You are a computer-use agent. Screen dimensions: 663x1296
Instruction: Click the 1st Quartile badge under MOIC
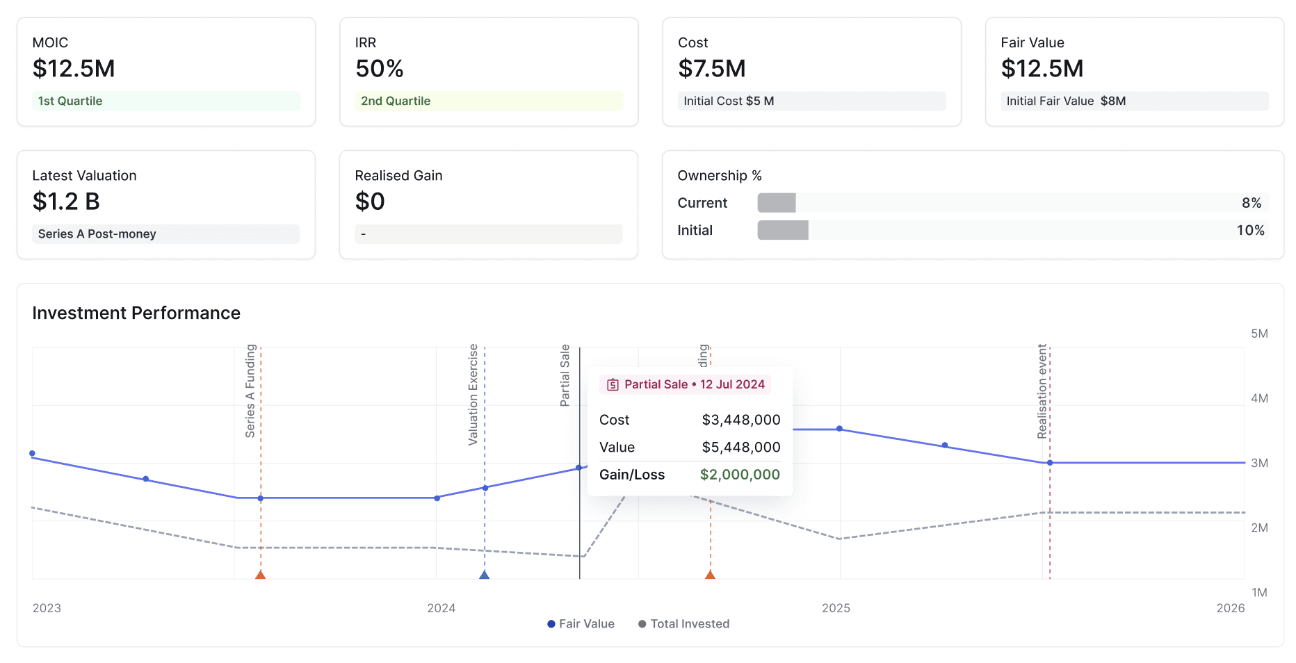(70, 101)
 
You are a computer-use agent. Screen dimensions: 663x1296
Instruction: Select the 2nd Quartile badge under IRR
(396, 101)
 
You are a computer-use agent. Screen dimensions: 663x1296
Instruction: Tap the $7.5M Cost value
(711, 69)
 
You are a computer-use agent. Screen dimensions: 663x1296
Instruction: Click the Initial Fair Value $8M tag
(1066, 101)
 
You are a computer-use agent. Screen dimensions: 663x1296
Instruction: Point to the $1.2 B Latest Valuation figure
(66, 202)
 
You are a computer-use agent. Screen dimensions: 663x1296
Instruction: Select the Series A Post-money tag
(97, 234)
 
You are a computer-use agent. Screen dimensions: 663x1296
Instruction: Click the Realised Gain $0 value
(370, 202)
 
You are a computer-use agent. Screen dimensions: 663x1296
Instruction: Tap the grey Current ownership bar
(776, 203)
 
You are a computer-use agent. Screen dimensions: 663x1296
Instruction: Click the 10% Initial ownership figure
(1250, 230)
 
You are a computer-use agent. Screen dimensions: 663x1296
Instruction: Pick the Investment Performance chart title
(136, 313)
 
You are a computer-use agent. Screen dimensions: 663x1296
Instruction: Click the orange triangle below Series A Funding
(261, 575)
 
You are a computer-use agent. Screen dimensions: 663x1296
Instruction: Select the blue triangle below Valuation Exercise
(485, 575)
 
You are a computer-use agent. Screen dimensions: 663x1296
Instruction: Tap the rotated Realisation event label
(1042, 391)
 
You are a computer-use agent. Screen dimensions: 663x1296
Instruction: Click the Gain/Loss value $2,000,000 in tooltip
(740, 475)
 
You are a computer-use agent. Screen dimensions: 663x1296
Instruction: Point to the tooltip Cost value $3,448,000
(741, 420)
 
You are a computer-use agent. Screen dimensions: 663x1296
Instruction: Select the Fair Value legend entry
(581, 624)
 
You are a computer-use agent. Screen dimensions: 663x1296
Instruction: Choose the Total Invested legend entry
(684, 624)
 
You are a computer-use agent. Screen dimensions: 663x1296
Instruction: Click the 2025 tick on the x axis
(836, 608)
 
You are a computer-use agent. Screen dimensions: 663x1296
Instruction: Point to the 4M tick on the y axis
(1259, 398)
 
